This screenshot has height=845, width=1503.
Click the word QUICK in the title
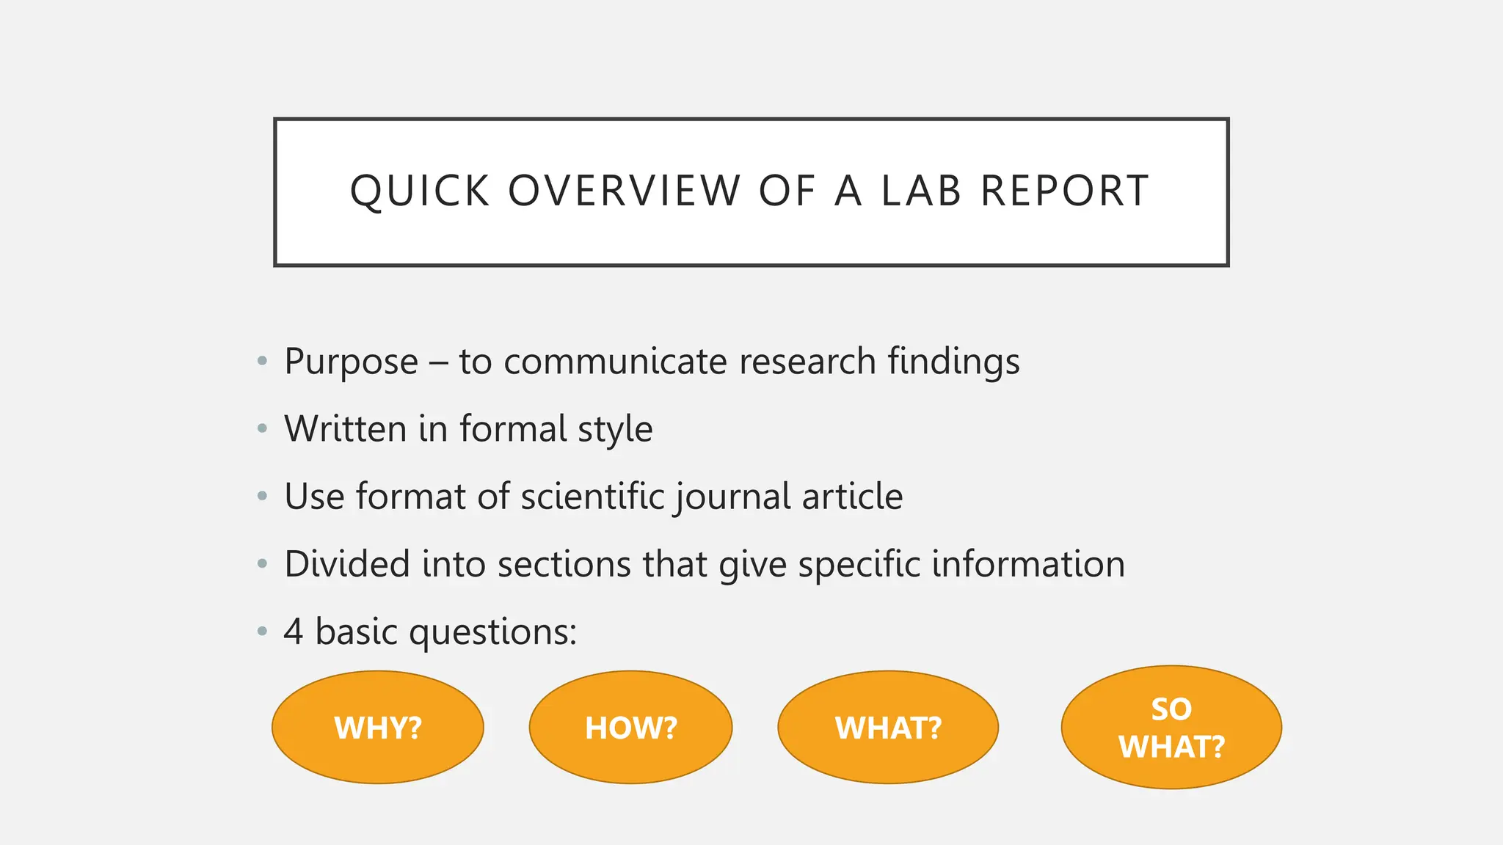[x=419, y=191]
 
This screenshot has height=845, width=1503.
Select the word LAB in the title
[x=921, y=191]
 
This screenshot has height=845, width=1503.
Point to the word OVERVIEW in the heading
[x=624, y=191]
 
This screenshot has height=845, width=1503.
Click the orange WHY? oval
[x=378, y=728]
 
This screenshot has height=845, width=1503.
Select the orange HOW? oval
[x=631, y=728]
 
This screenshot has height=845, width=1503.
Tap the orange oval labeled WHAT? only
[x=888, y=728]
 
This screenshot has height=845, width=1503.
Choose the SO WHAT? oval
[x=1171, y=728]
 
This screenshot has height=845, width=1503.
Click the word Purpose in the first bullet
[x=351, y=362]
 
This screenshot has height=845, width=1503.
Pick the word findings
[x=953, y=362]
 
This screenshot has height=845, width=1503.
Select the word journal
[x=731, y=497]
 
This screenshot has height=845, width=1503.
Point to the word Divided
[x=346, y=564]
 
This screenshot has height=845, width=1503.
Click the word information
[x=1028, y=564]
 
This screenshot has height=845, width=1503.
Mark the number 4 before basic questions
[x=294, y=632]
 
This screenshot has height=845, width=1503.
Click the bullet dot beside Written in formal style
[x=262, y=429]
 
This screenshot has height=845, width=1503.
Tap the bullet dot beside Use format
[x=262, y=497]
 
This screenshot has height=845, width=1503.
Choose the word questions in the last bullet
[x=492, y=632]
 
